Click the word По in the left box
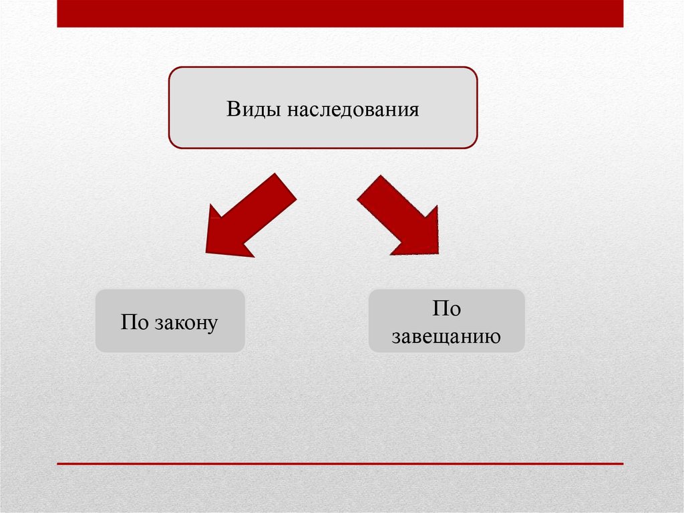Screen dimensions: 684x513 134,322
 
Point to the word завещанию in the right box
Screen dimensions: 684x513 446,337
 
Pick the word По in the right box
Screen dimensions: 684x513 446,308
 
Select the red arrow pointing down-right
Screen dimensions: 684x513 398,215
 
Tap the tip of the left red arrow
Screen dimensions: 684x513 206,252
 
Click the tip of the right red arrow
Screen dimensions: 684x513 438,253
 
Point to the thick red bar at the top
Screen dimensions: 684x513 340,13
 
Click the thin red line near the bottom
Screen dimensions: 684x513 340,464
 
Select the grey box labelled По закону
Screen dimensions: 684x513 170,321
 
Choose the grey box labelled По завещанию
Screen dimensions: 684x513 446,321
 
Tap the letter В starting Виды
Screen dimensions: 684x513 233,109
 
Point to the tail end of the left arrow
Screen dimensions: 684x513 286,187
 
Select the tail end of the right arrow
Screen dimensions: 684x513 369,187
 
